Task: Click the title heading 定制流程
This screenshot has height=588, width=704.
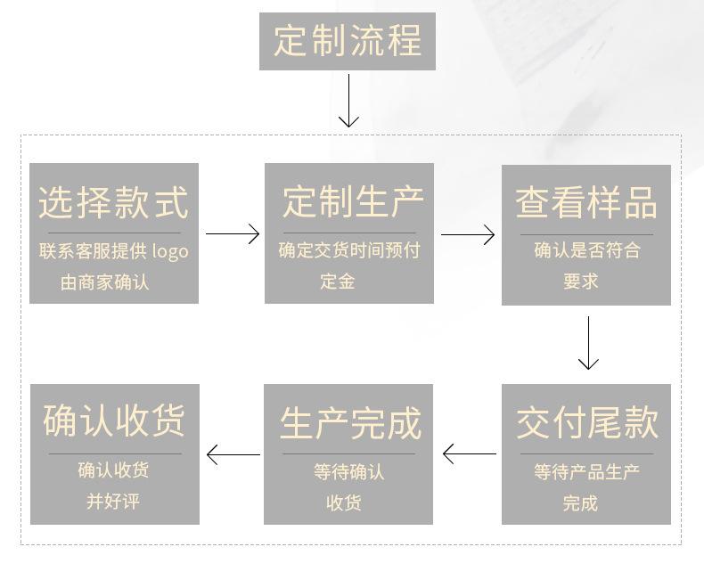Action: coord(348,41)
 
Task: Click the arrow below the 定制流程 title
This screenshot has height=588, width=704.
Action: coord(348,101)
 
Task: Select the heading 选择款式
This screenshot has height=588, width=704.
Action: coord(113,202)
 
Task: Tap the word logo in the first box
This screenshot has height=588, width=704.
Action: coord(170,252)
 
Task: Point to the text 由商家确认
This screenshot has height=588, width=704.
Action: coord(104,282)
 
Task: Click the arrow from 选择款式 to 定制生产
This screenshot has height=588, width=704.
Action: coord(233,233)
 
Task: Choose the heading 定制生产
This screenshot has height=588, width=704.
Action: coord(353,201)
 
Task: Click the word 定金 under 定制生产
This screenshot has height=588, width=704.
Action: coord(338,282)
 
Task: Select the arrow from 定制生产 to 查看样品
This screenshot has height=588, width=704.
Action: coord(468,234)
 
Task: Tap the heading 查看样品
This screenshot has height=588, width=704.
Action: coord(586,203)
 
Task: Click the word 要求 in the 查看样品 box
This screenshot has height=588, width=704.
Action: coord(581,282)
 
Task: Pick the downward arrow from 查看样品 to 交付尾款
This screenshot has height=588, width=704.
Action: coord(588,343)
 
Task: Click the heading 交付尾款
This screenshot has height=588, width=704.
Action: coord(587,423)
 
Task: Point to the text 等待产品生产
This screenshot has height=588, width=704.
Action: coord(586,472)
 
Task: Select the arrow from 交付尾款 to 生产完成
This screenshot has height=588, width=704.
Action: coord(470,453)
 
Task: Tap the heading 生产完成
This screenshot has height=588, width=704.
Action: coord(350,423)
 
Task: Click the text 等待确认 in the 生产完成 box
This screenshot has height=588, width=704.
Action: coord(348,472)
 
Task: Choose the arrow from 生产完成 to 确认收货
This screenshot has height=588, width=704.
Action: coord(233,454)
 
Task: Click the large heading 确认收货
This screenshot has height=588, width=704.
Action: coord(114,421)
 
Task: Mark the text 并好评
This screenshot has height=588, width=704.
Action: coord(113,502)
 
